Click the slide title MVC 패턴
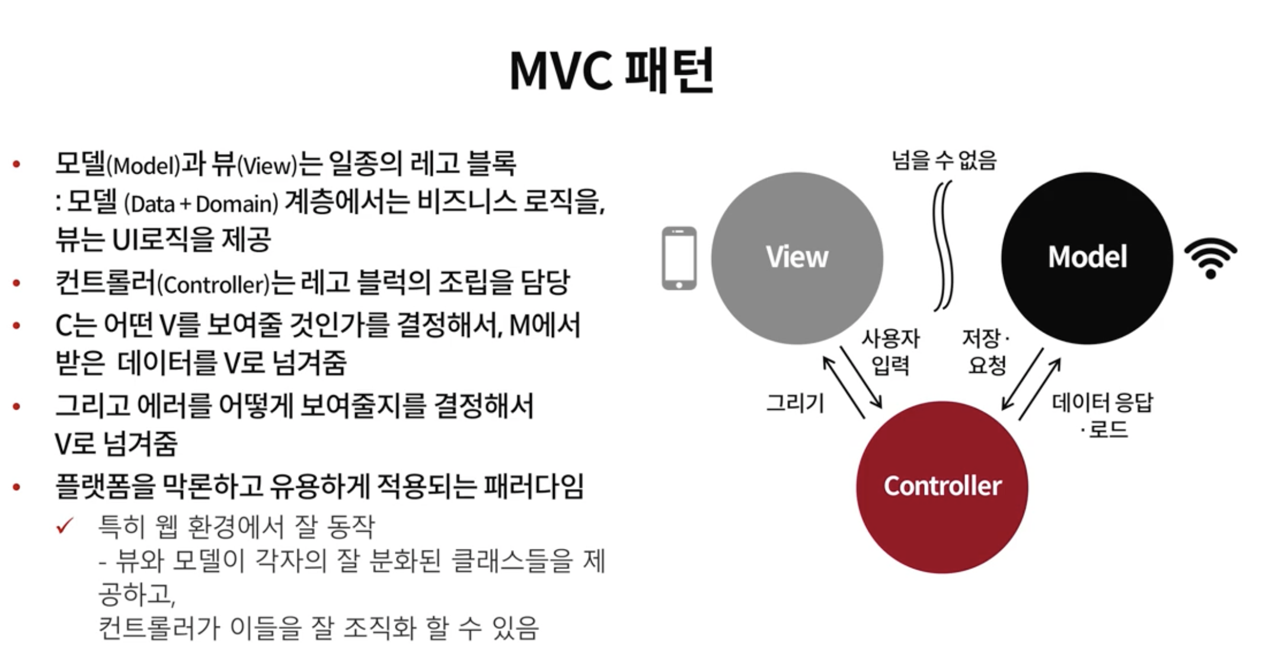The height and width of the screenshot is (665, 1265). tap(612, 71)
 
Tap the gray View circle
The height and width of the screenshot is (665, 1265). tap(797, 258)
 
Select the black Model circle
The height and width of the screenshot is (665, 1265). tap(1087, 258)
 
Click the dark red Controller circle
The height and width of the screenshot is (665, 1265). tap(942, 487)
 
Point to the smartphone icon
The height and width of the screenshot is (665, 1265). tap(679, 258)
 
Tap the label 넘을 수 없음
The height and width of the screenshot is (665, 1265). tap(944, 160)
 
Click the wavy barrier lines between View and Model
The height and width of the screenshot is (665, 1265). tap(943, 246)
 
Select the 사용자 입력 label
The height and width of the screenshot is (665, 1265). tap(890, 351)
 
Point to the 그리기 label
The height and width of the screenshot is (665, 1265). tap(795, 403)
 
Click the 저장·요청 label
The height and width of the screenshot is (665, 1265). tap(985, 351)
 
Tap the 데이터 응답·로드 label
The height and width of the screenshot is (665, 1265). tap(1103, 415)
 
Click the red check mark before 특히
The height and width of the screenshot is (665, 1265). tap(65, 525)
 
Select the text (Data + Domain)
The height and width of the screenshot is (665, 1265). tap(201, 204)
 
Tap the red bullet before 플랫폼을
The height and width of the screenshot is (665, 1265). tap(17, 487)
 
